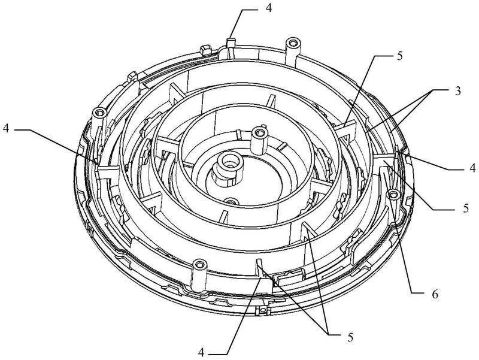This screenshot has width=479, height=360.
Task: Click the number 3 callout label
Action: click(x=457, y=91)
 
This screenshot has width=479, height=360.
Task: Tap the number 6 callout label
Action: click(x=435, y=294)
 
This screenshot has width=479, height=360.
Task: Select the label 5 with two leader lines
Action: click(x=350, y=337)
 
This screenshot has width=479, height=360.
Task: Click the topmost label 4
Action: click(x=268, y=8)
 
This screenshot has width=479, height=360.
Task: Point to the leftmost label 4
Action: click(x=6, y=129)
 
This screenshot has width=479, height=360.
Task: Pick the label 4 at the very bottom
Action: click(x=201, y=353)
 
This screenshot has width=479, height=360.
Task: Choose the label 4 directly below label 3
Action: click(x=472, y=168)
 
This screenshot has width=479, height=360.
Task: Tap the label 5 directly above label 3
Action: click(x=400, y=56)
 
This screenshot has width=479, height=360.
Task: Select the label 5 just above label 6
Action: click(x=466, y=208)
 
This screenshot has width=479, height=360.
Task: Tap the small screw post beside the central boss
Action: click(x=260, y=141)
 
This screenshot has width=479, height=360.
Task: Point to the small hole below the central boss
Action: click(x=232, y=201)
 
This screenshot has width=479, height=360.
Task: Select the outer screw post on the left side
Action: click(x=100, y=122)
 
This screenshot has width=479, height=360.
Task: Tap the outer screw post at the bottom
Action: click(x=199, y=275)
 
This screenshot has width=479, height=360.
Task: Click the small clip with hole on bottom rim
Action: click(x=262, y=310)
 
